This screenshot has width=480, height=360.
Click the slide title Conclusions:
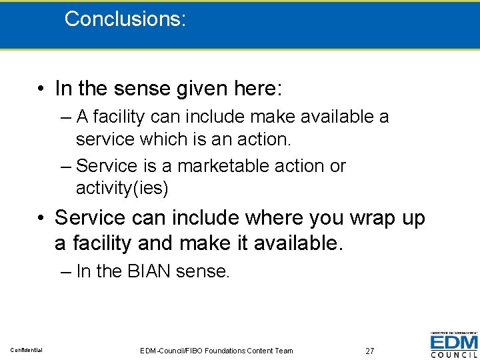[125, 19]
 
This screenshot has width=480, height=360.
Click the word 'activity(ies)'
[123, 188]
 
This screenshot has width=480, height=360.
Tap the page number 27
[370, 351]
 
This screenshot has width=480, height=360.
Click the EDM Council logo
[453, 345]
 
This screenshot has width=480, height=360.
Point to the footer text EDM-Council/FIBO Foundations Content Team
[217, 351]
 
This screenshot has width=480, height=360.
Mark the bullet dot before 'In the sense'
[41, 89]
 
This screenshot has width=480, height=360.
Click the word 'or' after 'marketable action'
[337, 165]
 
